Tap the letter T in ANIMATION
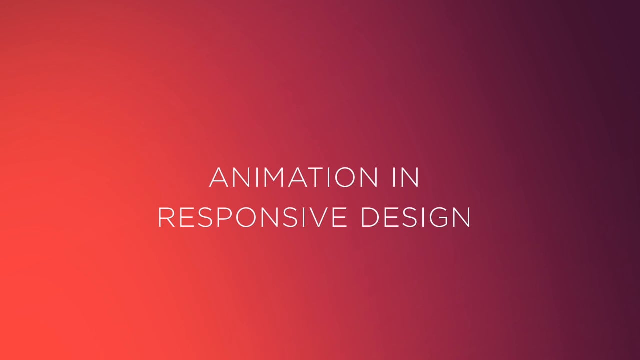pyautogui.click(x=317, y=177)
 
